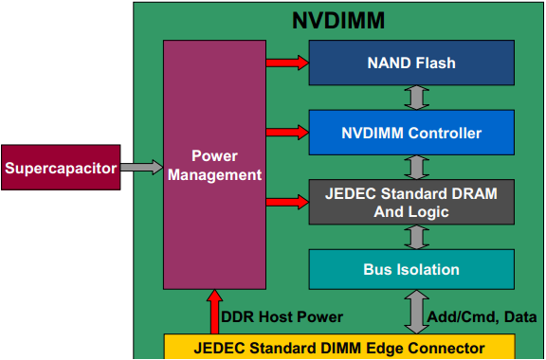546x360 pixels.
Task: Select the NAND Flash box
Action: click(x=411, y=63)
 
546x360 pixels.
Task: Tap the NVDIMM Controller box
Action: click(x=411, y=132)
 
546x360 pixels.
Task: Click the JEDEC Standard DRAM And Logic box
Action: click(x=411, y=201)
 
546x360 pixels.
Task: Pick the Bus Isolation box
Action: click(x=411, y=269)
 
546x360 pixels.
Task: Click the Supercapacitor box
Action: click(x=61, y=169)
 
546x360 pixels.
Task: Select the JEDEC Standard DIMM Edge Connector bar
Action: click(x=339, y=347)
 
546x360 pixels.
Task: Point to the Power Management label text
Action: click(x=212, y=165)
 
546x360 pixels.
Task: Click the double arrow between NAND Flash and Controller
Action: click(x=412, y=98)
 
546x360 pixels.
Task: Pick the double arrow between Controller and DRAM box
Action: click(x=412, y=167)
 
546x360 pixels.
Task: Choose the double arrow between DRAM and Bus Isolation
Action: click(x=412, y=236)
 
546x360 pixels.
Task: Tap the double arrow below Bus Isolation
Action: click(x=412, y=312)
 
